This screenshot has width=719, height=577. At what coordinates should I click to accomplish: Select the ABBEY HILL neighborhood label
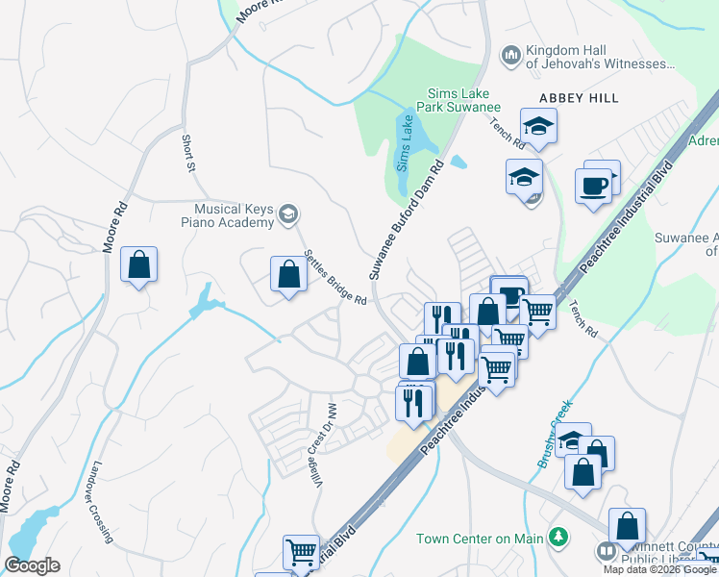pos(578,98)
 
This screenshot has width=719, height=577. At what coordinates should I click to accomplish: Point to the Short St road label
pos(189,153)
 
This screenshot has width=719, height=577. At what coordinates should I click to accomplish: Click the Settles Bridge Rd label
pos(335,279)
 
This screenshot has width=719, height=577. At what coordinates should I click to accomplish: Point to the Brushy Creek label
pos(556,434)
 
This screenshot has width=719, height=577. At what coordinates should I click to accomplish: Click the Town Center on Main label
pos(478,539)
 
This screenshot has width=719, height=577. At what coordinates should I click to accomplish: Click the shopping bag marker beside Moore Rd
pos(138,264)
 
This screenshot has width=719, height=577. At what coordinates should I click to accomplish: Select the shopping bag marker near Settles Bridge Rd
pos(288,275)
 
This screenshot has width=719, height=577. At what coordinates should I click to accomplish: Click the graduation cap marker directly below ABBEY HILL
pos(539,126)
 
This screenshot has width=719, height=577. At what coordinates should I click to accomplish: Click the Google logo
pos(32,565)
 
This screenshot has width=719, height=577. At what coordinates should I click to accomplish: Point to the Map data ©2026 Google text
pos(659,569)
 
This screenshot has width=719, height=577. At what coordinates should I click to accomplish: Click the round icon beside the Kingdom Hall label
pos(510,55)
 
